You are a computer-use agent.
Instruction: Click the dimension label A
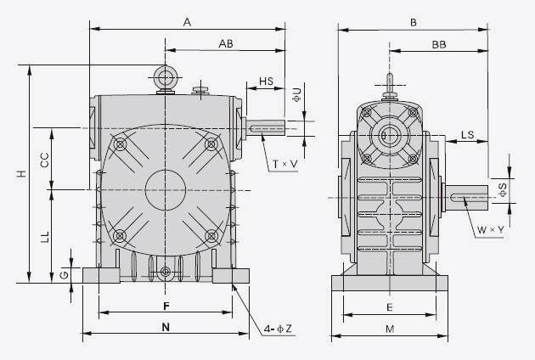[186, 22]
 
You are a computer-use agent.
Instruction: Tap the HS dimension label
[266, 82]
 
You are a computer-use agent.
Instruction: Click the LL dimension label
[43, 237]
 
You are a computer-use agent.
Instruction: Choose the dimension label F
[166, 305]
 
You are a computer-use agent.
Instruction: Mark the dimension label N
[166, 326]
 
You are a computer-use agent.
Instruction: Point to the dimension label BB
[439, 43]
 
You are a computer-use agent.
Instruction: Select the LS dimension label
[467, 135]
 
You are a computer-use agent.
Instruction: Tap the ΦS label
[502, 190]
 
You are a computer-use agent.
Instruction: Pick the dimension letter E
[389, 307]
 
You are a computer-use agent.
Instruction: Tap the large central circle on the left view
[166, 188]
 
